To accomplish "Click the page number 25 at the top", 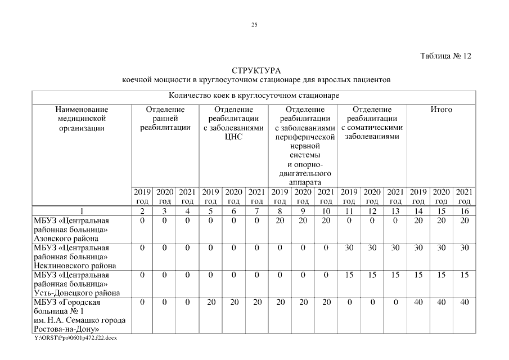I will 254,25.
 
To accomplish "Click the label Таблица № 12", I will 445,56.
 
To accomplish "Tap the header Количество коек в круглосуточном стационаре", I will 254,96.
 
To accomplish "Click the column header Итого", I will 441,110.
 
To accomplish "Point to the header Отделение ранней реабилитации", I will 165,119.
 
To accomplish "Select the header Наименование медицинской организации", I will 82,119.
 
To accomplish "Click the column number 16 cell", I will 464,211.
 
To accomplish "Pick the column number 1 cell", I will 82,211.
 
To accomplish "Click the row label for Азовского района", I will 71,229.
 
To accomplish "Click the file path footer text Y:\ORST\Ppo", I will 75,337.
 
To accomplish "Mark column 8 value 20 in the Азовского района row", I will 280,220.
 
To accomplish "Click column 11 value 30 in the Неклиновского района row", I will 349,247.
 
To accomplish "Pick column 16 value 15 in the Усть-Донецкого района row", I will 464,274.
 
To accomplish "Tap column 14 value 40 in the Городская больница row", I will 418,302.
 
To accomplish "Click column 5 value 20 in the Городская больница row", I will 211,302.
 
